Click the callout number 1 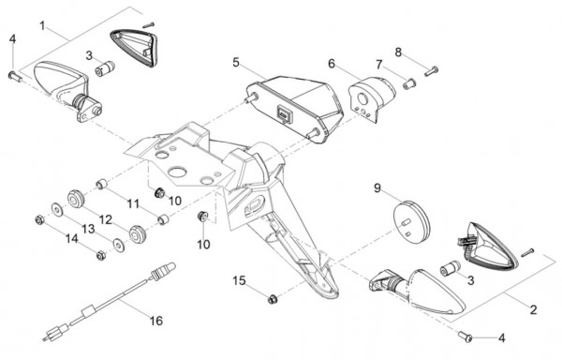coord(43,26)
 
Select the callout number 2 coord(534,309)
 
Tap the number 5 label coord(235,62)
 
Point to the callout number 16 coord(156,321)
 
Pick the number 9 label coord(377,187)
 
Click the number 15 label coord(239,280)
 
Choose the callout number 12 coord(106,219)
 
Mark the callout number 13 coord(88,229)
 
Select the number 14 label coord(72,238)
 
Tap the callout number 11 coord(133,204)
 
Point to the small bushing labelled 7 coord(409,84)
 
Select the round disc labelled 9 coord(411,222)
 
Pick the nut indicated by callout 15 coord(273,299)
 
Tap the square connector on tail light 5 coord(284,114)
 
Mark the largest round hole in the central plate coord(178,172)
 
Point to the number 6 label coord(332,64)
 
